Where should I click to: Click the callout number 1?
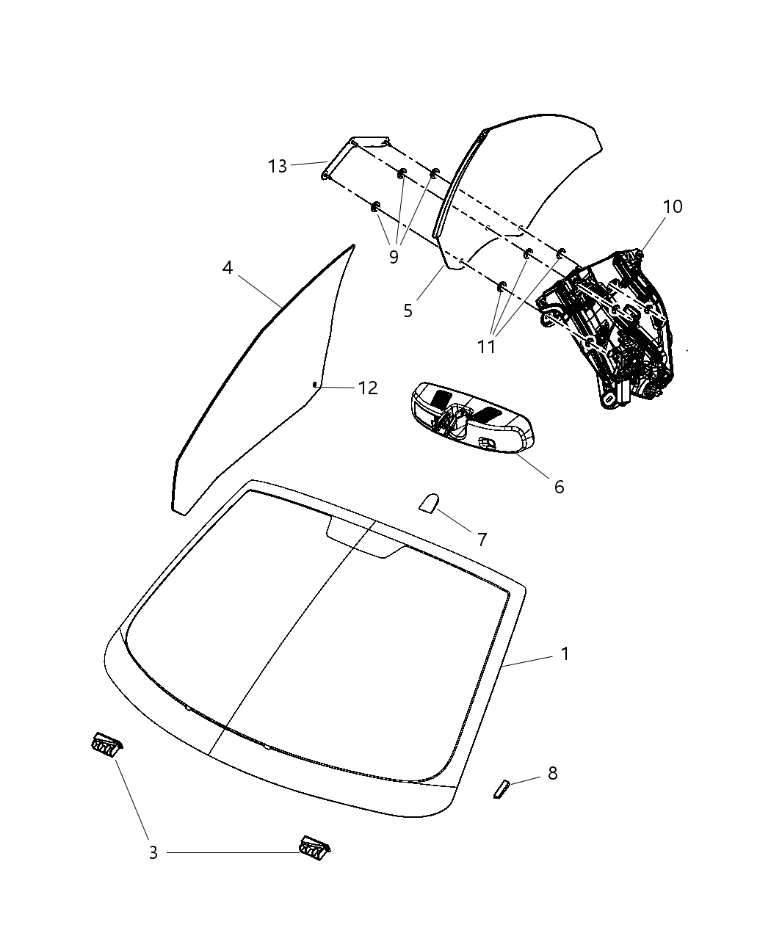(x=565, y=653)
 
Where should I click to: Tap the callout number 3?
(x=153, y=852)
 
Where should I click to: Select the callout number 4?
(x=228, y=268)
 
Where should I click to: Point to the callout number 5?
(x=408, y=311)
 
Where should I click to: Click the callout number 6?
(x=559, y=486)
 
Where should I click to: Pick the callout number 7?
(x=482, y=540)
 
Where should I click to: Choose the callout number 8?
(x=552, y=773)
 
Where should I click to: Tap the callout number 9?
(x=394, y=257)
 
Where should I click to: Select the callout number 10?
(x=672, y=206)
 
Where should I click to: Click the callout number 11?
(x=486, y=346)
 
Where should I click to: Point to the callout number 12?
(x=368, y=388)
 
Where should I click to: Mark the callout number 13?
(x=278, y=167)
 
